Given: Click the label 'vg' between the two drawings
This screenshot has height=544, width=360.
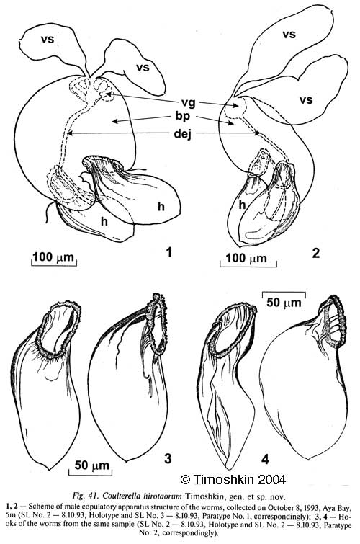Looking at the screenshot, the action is (189, 103).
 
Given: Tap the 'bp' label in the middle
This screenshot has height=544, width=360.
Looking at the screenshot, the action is (183, 117).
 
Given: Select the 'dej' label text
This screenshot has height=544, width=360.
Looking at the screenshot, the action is (182, 133).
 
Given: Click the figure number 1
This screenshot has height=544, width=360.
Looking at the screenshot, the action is (169, 252).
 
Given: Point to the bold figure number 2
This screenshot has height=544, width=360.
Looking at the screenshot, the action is (315, 253).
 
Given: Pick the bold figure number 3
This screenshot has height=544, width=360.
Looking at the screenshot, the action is (168, 459).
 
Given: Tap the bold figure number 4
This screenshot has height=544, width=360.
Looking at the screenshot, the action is (265, 460).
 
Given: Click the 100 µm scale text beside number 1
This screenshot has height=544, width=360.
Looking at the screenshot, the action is (53, 257).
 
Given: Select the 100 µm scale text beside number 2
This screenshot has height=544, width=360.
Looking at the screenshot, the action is (246, 258).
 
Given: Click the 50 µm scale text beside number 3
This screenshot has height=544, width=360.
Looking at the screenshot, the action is (92, 465).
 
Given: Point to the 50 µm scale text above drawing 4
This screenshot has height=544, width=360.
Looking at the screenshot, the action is (284, 302).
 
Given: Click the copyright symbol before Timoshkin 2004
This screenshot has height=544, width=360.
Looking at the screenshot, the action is (186, 479).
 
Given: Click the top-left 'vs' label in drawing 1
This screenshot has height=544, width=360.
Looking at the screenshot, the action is (48, 39).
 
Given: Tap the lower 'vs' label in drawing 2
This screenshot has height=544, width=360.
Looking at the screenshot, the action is (306, 100).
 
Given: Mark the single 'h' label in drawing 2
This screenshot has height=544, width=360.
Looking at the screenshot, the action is (242, 205).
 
